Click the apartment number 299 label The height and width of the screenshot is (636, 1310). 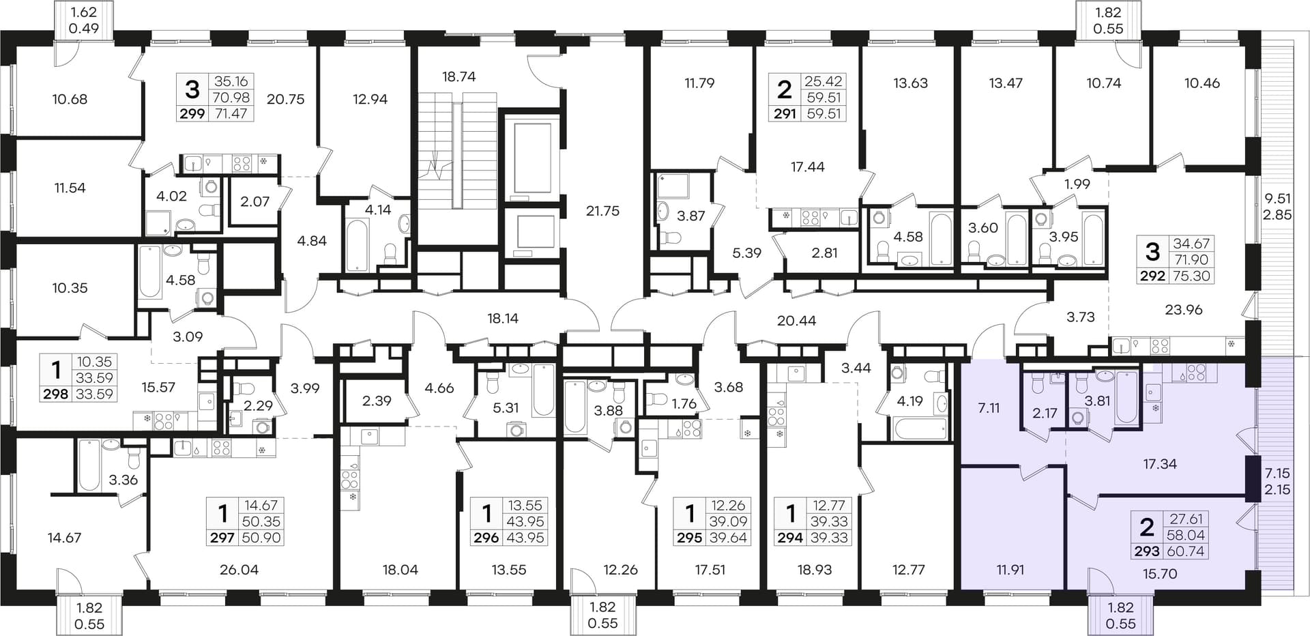pos(192,114)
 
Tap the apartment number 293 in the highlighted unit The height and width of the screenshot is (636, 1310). pos(1148,551)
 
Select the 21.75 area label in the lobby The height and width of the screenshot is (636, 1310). pos(602,212)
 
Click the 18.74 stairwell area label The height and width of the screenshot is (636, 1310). pos(458,77)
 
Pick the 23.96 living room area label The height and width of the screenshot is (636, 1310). pos(1184,310)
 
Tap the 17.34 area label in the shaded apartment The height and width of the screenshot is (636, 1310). pos(1160,464)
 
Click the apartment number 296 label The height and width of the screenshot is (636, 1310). pos(486,538)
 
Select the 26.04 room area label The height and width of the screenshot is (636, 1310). pos(239,570)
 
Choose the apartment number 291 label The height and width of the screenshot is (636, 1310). pos(785,114)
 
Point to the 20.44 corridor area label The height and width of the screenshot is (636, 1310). pos(797,321)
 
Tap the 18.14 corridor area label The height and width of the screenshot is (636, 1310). pos(503,318)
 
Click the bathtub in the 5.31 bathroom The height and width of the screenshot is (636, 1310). pos(544,390)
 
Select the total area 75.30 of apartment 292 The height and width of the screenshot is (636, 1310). pos(1191,276)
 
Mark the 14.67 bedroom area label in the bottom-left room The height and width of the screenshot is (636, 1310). pos(64,538)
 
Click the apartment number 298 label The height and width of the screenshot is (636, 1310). pos(56,394)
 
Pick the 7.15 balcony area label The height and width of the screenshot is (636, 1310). pos(1277,473)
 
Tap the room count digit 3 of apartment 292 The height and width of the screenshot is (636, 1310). pos(1152,252)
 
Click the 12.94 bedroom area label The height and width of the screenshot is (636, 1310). pos(370,100)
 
